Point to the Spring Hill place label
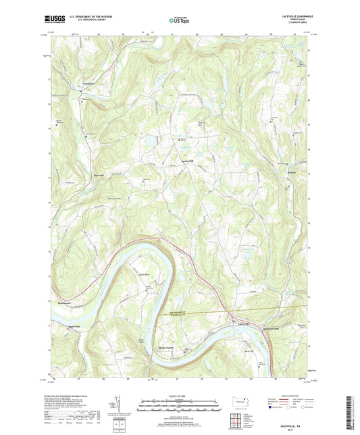[187, 162]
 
